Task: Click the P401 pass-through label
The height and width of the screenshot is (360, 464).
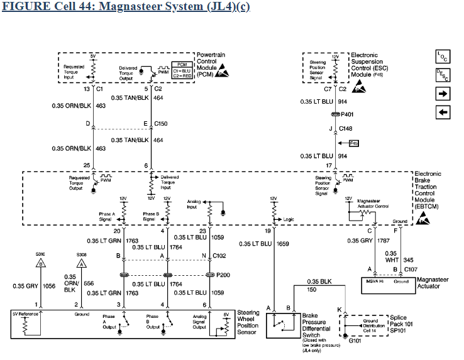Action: click(x=348, y=114)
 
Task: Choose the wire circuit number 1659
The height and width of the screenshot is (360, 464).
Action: click(x=284, y=244)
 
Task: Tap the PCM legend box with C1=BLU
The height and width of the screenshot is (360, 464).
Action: click(x=182, y=68)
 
